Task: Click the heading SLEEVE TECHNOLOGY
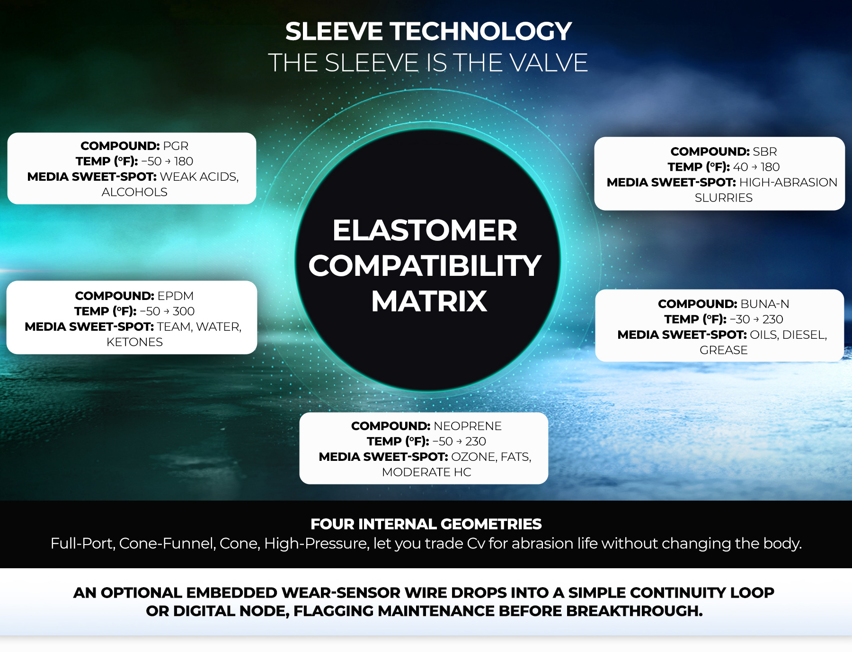428,32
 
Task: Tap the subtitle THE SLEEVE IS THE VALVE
428,63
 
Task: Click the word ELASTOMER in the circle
425,230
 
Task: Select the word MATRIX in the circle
429,301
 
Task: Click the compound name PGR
176,146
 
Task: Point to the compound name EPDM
176,296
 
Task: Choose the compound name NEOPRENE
468,426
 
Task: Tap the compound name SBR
765,151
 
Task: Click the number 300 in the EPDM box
184,311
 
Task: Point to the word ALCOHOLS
134,192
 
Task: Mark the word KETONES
134,342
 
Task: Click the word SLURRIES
724,198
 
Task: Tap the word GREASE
724,350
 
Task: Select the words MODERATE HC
426,472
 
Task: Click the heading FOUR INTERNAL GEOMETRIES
426,524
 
